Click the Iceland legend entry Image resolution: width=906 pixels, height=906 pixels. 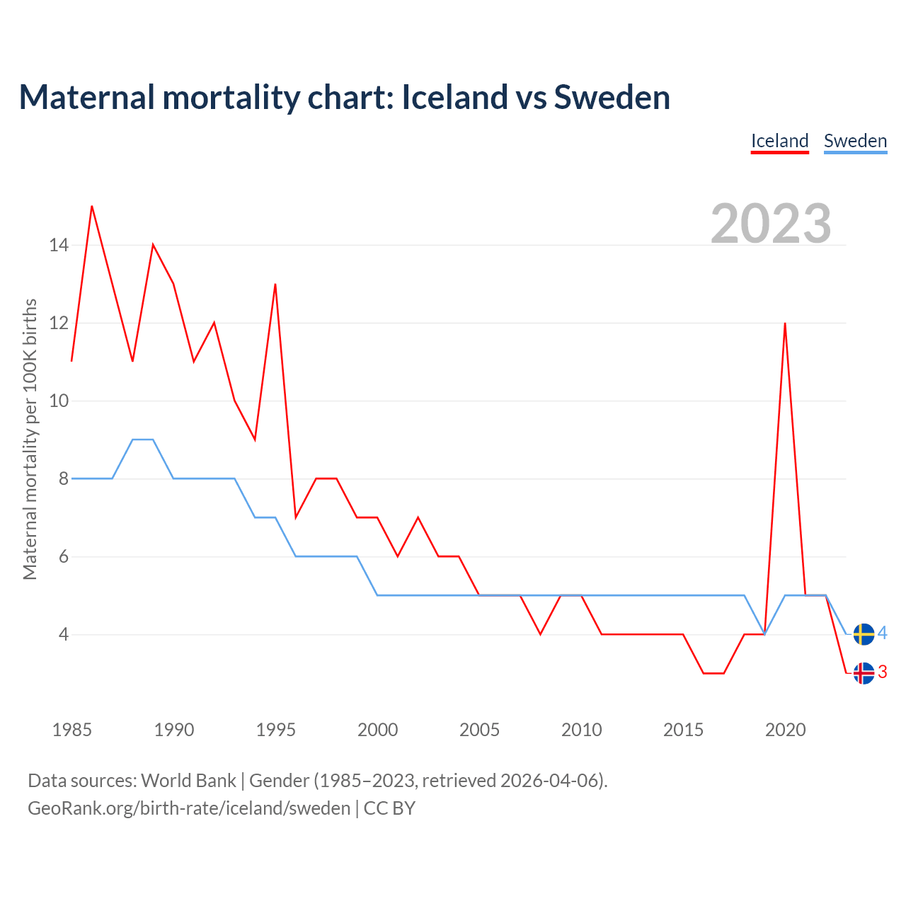pyautogui.click(x=779, y=141)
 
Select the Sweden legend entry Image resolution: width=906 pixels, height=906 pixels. pyautogui.click(x=855, y=141)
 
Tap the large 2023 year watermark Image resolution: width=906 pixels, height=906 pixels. pyautogui.click(x=771, y=223)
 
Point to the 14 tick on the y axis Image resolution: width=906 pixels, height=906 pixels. pyautogui.click(x=59, y=246)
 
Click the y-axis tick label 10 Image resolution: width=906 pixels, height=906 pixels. pyautogui.click(x=59, y=401)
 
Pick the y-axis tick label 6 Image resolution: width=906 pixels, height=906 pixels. pyautogui.click(x=64, y=557)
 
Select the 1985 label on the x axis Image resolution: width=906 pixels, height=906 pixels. pyautogui.click(x=71, y=730)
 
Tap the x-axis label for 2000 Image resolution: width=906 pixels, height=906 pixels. pyautogui.click(x=377, y=730)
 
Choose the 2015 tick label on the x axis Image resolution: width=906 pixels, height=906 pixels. pyautogui.click(x=683, y=730)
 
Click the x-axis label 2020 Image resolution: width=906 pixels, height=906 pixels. pyautogui.click(x=785, y=730)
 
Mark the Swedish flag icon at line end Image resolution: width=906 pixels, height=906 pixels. pyautogui.click(x=864, y=634)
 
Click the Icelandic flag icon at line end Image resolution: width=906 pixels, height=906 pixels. pyautogui.click(x=864, y=673)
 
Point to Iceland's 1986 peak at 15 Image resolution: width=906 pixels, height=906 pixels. pyautogui.click(x=92, y=207)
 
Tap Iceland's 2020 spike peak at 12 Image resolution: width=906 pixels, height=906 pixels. pyautogui.click(x=785, y=323)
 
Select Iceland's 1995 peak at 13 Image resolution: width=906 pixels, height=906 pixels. pyautogui.click(x=275, y=285)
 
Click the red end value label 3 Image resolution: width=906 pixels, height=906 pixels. pyautogui.click(x=883, y=672)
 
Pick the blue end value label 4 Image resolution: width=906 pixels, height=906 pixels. pyautogui.click(x=883, y=633)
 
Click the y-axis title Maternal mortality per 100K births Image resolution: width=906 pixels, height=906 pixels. pyautogui.click(x=30, y=440)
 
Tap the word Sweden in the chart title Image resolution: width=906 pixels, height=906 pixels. pyautogui.click(x=612, y=97)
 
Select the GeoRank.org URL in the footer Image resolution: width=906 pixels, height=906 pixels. pyautogui.click(x=189, y=808)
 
